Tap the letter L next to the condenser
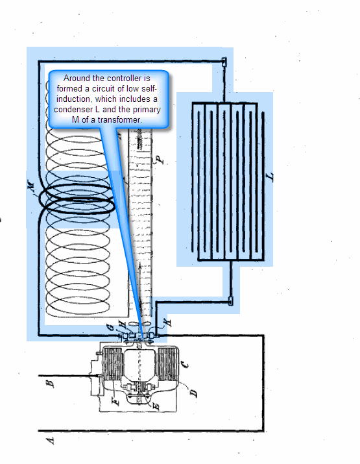point(270,177)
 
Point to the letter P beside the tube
point(160,160)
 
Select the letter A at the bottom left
point(51,441)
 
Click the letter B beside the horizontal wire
point(51,384)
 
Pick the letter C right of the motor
point(184,365)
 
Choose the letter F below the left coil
point(116,401)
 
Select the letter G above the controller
point(110,327)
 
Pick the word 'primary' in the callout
point(147,110)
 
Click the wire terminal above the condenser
point(224,62)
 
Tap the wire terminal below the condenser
point(231,301)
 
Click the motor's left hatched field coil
point(112,364)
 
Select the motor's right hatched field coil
point(167,364)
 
